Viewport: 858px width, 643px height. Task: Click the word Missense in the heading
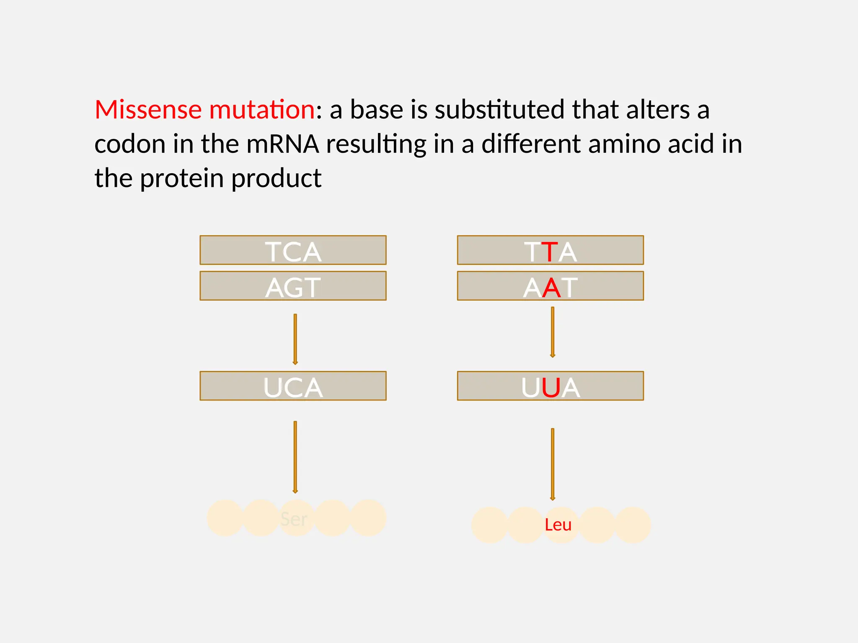coord(148,110)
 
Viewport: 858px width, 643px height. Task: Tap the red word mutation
coord(262,110)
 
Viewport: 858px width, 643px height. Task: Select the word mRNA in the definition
coord(283,144)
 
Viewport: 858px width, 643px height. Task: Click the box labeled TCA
coord(293,250)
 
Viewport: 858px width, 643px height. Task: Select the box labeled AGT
coord(293,286)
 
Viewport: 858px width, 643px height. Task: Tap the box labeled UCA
coord(293,386)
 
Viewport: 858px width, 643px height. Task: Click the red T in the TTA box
coord(550,252)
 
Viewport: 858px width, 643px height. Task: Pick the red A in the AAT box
coord(551,288)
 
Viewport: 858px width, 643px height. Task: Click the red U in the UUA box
coord(550,388)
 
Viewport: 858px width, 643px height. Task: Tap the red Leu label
coord(558,525)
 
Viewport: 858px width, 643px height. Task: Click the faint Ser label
coord(294,519)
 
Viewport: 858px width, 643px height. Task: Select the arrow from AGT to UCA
coord(295,339)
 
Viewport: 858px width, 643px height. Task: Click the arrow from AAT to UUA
coord(553,332)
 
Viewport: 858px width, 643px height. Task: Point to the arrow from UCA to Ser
coord(295,457)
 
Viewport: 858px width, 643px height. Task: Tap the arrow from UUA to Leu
coord(553,464)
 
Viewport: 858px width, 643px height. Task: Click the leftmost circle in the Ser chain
coord(224,518)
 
